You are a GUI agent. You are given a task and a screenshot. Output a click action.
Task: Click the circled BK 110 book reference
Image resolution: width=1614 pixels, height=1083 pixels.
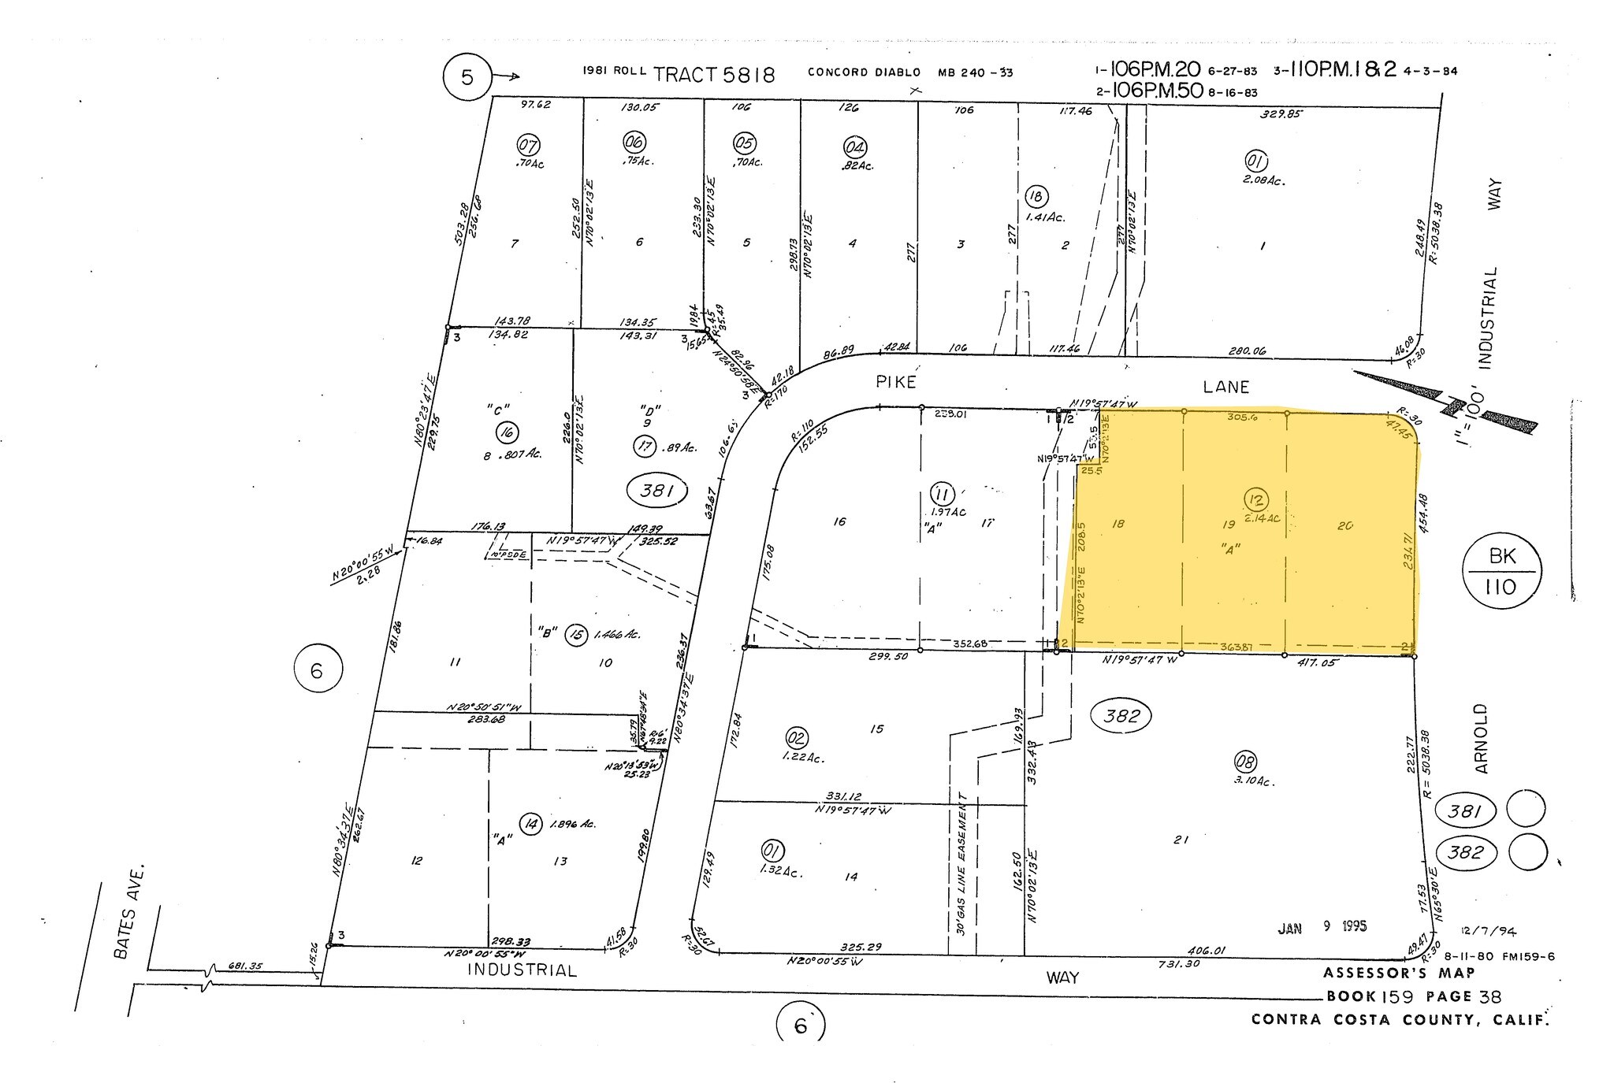pos(1501,571)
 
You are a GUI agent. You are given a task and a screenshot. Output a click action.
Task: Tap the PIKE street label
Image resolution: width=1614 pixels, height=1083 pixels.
pos(896,382)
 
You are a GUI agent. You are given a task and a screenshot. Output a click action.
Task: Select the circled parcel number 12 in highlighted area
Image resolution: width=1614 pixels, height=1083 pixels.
pos(1255,499)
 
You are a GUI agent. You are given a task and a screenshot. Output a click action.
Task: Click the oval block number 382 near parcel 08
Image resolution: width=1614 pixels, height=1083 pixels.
pos(1121,715)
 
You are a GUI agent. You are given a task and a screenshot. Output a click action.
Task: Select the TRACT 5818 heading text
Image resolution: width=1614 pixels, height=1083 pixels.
pos(714,75)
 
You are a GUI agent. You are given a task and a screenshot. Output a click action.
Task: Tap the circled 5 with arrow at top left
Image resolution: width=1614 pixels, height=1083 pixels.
pos(467,78)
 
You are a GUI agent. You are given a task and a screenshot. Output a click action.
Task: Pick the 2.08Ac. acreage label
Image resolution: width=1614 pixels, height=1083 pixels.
pos(1263,180)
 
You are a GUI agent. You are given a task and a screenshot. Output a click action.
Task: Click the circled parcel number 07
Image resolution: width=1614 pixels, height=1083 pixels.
pos(528,145)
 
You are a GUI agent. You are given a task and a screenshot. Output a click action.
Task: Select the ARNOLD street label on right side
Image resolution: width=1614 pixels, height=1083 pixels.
pos(1481,739)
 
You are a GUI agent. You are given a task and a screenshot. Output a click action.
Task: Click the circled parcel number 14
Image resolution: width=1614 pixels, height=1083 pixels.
pos(532,825)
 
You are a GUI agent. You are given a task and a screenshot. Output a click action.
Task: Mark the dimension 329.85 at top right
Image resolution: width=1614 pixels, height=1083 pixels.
pos(1282,113)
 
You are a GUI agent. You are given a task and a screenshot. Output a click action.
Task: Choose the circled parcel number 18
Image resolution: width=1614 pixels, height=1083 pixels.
pos(1037,196)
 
